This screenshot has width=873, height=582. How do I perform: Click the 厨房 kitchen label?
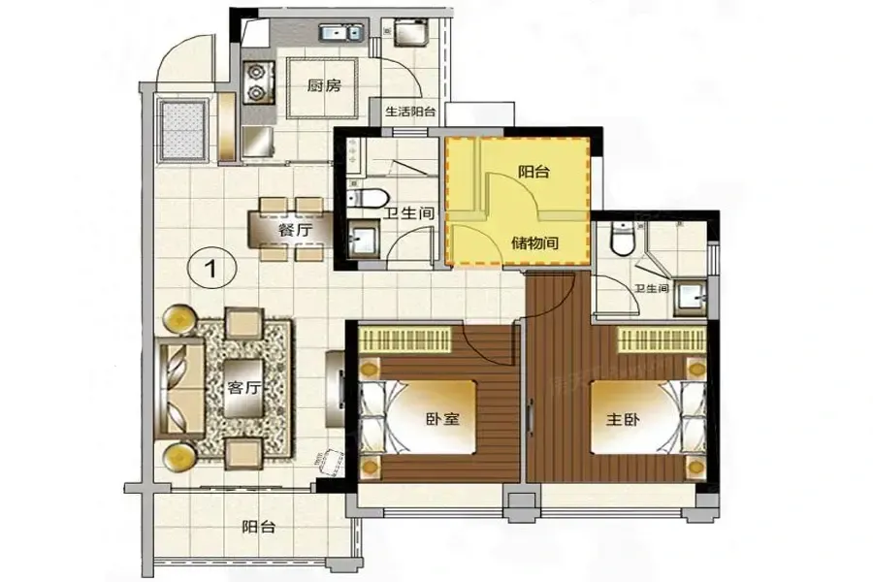pyautogui.click(x=324, y=85)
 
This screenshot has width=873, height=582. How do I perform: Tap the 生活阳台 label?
pyautogui.click(x=410, y=112)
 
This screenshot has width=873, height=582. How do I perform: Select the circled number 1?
pyautogui.click(x=212, y=269)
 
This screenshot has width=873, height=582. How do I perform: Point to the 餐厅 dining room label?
pyautogui.click(x=295, y=230)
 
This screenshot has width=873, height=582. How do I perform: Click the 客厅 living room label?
pyautogui.click(x=243, y=388)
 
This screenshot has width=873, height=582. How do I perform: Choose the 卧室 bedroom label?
pyautogui.click(x=442, y=419)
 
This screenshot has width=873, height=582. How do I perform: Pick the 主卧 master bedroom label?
pyautogui.click(x=623, y=419)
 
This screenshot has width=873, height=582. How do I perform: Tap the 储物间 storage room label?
pyautogui.click(x=535, y=242)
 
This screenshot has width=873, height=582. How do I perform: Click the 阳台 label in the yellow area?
pyautogui.click(x=533, y=172)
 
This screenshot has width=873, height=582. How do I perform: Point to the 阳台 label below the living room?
pyautogui.click(x=259, y=527)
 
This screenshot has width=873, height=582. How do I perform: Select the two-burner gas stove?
pyautogui.click(x=258, y=82)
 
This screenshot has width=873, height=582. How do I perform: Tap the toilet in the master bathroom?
pyautogui.click(x=620, y=239)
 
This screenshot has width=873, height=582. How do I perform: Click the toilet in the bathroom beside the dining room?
pyautogui.click(x=367, y=197)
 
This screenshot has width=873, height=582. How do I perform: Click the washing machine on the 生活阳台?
pyautogui.click(x=409, y=32)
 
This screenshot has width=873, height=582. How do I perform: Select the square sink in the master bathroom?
pyautogui.click(x=691, y=299)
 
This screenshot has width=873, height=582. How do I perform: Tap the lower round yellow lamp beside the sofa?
pyautogui.click(x=179, y=456)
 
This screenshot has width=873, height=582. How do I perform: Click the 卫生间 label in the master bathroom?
pyautogui.click(x=652, y=288)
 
